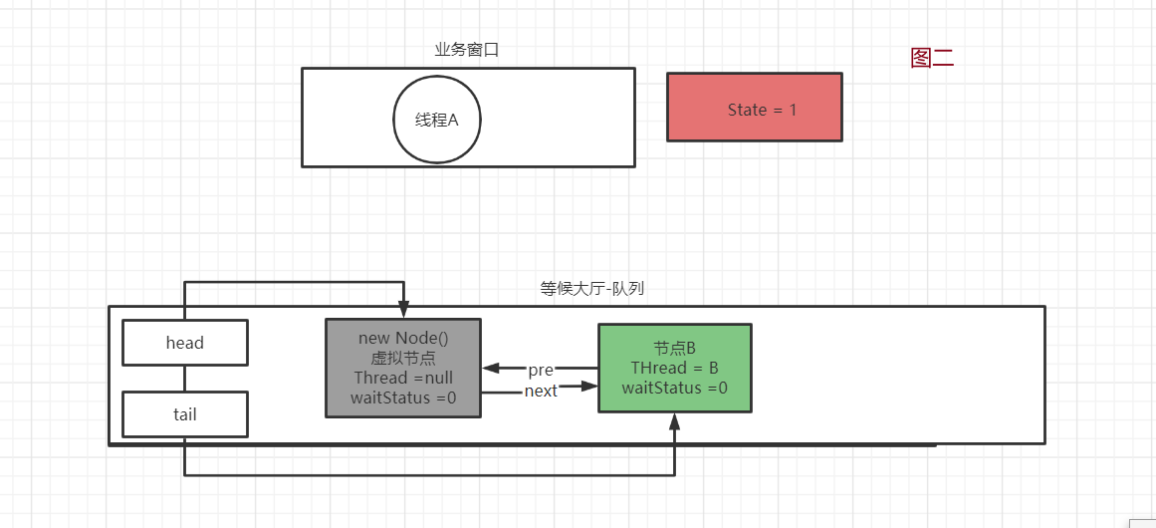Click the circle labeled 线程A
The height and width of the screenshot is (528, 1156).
[x=437, y=120]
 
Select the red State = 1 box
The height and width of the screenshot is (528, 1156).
[x=754, y=108]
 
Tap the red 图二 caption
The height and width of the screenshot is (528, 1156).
[x=932, y=58]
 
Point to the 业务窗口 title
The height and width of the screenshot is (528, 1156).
[x=467, y=50]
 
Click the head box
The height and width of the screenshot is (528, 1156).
[x=184, y=343]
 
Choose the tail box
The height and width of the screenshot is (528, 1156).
[x=184, y=414]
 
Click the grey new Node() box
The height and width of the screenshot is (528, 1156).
[x=403, y=368]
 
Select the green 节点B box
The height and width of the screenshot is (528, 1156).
[x=674, y=368]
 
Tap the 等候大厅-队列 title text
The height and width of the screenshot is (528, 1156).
[x=592, y=289]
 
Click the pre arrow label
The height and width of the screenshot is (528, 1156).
[x=541, y=371]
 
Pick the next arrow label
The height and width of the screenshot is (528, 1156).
[x=541, y=391]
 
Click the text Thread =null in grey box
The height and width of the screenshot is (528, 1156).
[x=403, y=379]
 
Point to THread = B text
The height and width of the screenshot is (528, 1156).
[x=674, y=368]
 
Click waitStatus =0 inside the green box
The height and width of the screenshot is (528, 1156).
[x=674, y=388]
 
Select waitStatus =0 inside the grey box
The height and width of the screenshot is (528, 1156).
[x=403, y=398]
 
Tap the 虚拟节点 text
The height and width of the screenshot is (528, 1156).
[x=403, y=359]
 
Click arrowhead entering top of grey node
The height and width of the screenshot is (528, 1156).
[x=403, y=312]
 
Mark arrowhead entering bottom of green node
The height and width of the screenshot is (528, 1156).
[x=674, y=421]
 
